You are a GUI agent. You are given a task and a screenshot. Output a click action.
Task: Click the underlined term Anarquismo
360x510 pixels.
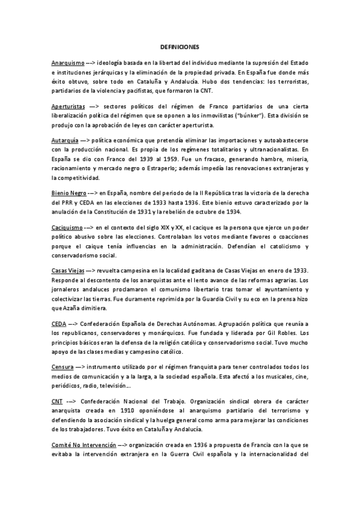point(67,62)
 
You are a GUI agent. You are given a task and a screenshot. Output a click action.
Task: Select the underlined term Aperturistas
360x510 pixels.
point(69,105)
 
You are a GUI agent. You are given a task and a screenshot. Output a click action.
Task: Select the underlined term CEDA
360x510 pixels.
point(59,324)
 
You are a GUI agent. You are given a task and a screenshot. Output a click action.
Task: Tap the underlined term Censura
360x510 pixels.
point(63,367)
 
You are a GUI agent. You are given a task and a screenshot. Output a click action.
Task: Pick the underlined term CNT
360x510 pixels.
point(58,401)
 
